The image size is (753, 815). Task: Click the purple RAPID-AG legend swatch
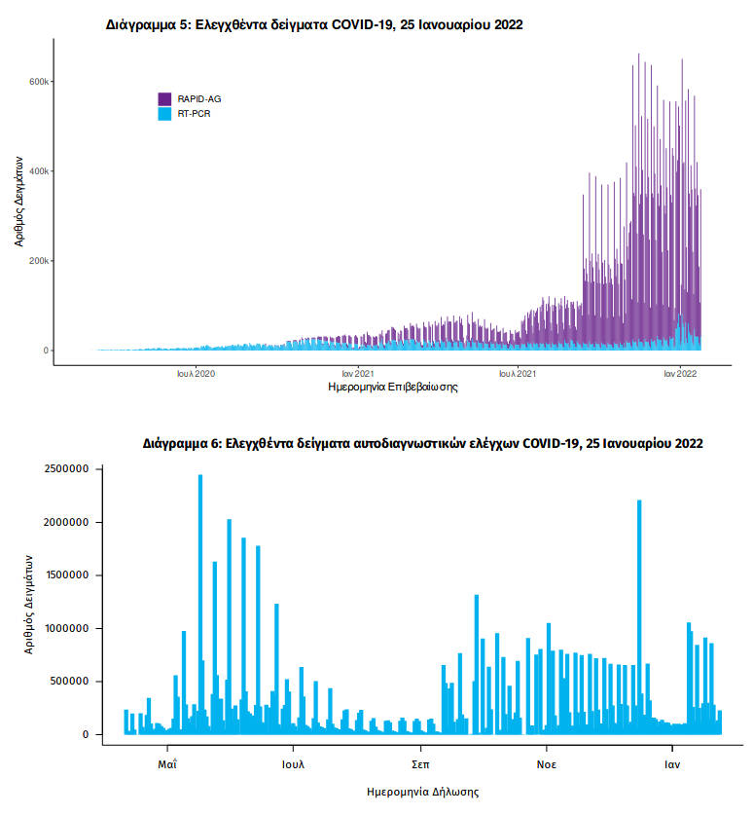(164, 99)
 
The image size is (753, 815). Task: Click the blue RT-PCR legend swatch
(164, 114)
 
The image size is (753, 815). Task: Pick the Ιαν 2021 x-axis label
(358, 372)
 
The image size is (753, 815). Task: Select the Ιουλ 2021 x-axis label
(519, 372)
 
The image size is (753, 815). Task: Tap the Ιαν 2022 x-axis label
(681, 372)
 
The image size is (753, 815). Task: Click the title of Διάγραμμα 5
(313, 24)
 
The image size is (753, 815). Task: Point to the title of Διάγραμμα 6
(421, 443)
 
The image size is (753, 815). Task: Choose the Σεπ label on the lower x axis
(420, 764)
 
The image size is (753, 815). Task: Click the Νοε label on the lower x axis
(547, 764)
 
